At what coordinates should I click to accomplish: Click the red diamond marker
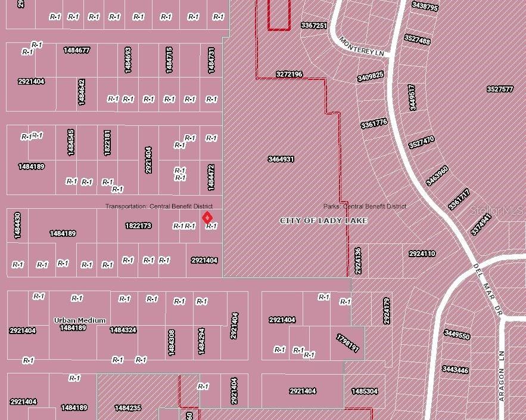(x=207, y=218)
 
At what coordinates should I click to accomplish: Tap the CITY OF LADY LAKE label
(x=323, y=221)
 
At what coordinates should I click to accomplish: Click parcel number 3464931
(x=281, y=159)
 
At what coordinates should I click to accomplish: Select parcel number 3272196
(x=289, y=75)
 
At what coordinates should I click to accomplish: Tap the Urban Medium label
(x=80, y=320)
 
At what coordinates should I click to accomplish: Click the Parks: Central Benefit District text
(x=365, y=206)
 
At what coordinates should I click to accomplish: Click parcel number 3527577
(x=499, y=89)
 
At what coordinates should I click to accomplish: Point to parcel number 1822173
(x=138, y=226)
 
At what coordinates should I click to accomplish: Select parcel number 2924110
(x=422, y=254)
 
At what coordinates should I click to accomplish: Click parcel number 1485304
(x=364, y=391)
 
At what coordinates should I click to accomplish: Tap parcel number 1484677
(x=76, y=50)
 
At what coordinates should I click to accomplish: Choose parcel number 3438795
(x=425, y=8)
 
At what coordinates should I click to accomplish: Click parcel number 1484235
(x=127, y=408)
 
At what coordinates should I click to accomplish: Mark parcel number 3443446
(x=455, y=370)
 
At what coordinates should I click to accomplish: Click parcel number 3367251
(x=313, y=26)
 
